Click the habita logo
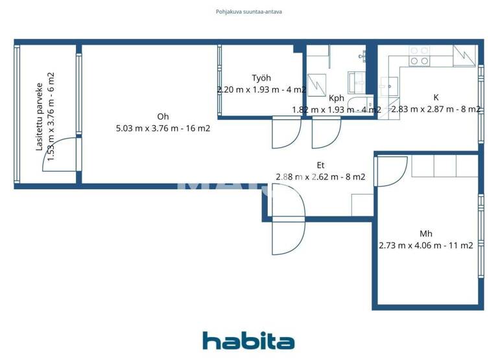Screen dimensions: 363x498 [x=248, y=341]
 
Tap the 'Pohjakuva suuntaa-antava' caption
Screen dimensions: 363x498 [x=248, y=11]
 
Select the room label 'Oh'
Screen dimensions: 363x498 [x=163, y=117]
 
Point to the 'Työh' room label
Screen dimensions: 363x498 [x=261, y=78]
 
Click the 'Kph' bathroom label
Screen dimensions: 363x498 [x=337, y=99]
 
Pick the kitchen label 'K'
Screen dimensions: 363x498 [x=436, y=98]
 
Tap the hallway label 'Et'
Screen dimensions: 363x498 [x=320, y=165]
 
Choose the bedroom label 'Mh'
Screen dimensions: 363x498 [x=426, y=234]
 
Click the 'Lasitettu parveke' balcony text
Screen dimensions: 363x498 [x=40, y=117]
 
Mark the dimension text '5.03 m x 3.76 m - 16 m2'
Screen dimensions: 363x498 [x=163, y=128]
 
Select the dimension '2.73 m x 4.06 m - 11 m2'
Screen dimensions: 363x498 [x=426, y=246]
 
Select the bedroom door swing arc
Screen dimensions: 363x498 [x=388, y=170]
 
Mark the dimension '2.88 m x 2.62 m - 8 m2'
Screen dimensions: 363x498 [x=320, y=177]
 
